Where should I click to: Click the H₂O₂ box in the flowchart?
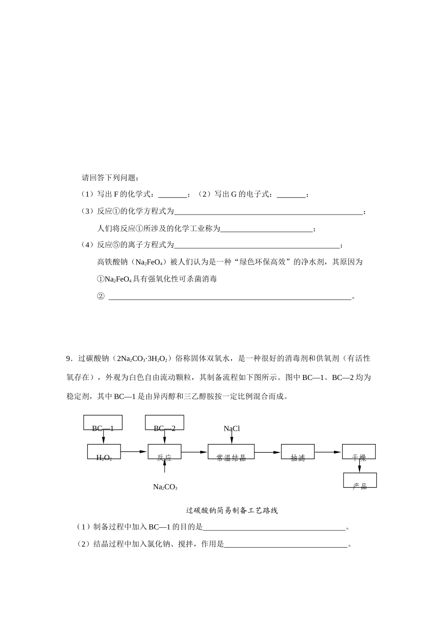pos(104,452)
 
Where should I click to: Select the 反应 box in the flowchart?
pos(164,452)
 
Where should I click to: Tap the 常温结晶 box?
pos(231,452)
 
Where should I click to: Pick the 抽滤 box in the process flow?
pos(298,452)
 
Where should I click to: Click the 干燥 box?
pos(359,452)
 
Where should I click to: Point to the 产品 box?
pos(360,480)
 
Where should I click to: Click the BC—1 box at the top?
pos(103,423)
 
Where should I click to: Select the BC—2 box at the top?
pos(164,423)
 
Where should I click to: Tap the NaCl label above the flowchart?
pos(232,429)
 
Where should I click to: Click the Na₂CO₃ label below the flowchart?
pos(165,487)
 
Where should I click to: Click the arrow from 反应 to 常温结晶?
pos(194,452)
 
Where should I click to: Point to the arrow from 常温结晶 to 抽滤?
pos(267,452)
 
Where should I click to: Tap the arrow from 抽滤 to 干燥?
pos(328,452)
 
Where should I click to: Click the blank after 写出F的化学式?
pos(172,195)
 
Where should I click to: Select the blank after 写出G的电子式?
pos(292,195)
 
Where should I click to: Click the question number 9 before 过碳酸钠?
pos(69,358)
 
